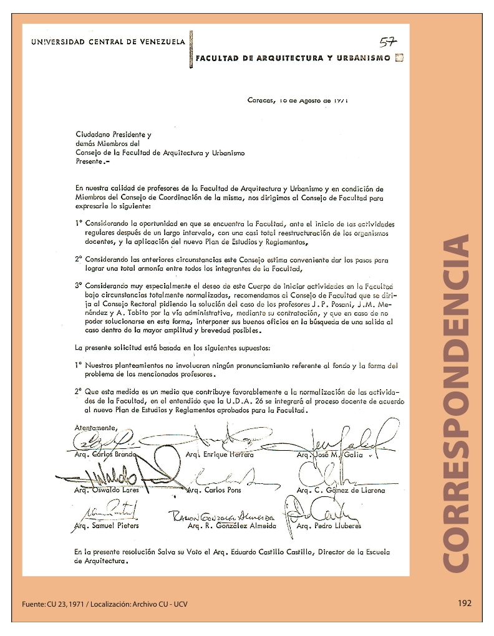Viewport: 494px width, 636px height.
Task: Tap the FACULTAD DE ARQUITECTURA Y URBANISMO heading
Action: (x=293, y=58)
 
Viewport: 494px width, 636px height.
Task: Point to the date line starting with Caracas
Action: (x=298, y=99)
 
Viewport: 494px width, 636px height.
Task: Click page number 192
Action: (x=465, y=603)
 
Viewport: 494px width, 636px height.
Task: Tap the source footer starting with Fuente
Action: (x=104, y=604)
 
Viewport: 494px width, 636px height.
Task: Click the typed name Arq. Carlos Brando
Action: (x=101, y=455)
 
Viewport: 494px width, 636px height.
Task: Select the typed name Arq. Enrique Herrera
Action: (x=220, y=455)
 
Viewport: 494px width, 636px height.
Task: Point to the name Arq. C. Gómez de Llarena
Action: (x=341, y=490)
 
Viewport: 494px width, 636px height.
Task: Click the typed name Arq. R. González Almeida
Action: (x=231, y=526)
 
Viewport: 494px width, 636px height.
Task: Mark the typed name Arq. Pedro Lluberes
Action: (x=329, y=526)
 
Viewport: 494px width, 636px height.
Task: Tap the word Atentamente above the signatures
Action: (x=95, y=428)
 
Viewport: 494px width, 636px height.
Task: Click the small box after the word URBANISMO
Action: (x=400, y=58)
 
